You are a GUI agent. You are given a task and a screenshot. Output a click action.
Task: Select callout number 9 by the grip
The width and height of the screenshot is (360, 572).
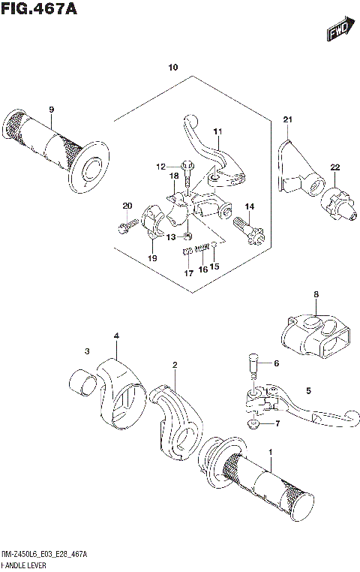[x=52, y=110]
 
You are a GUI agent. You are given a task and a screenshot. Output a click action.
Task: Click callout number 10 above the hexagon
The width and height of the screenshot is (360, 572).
[x=173, y=68]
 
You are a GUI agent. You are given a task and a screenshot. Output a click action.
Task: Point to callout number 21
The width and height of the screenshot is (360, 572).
[x=286, y=120]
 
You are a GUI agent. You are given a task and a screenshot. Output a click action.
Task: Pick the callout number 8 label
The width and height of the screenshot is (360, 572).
[x=316, y=294]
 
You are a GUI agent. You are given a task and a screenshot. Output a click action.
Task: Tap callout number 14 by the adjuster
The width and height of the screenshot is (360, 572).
[x=249, y=206]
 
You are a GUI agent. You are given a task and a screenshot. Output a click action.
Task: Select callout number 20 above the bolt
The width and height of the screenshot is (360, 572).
[x=127, y=206]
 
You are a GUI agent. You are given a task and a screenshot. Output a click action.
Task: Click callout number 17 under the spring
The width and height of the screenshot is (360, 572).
[x=187, y=275]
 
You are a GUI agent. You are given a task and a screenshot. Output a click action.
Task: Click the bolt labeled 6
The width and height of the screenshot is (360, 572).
[x=253, y=368]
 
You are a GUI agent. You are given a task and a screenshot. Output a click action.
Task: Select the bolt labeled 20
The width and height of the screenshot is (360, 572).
[x=127, y=222]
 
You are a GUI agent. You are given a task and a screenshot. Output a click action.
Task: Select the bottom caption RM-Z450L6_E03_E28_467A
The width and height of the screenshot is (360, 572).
[x=44, y=554]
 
